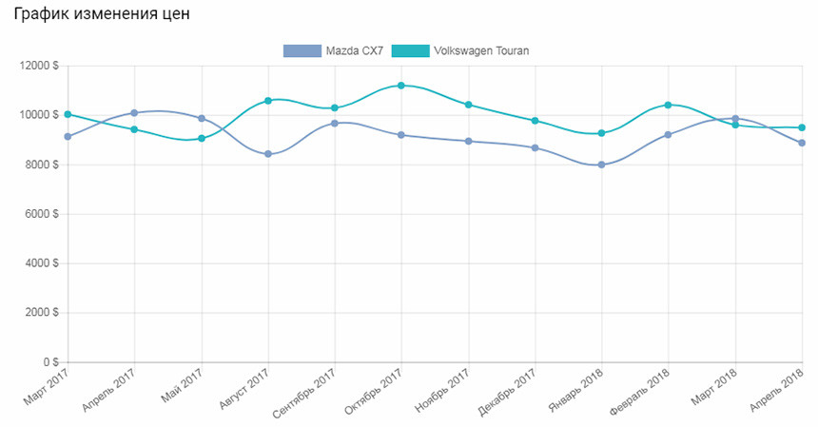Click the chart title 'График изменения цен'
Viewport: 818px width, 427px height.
click(x=102, y=13)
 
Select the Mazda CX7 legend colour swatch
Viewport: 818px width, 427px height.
click(x=302, y=50)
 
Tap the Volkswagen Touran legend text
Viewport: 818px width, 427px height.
click(x=481, y=50)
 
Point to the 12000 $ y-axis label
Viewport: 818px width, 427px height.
click(x=39, y=66)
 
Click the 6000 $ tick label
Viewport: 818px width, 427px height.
click(x=42, y=214)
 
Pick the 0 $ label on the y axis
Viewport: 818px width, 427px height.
click(x=51, y=361)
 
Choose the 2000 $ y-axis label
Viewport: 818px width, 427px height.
click(x=42, y=312)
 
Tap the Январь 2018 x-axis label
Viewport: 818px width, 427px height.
click(x=576, y=391)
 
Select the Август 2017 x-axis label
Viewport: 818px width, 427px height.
click(x=244, y=388)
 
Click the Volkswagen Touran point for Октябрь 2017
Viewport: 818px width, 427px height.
click(x=401, y=86)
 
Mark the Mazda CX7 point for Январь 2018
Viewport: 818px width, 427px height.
click(x=601, y=165)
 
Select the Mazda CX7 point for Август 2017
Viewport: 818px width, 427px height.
click(x=268, y=154)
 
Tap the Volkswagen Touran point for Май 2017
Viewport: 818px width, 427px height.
click(x=202, y=139)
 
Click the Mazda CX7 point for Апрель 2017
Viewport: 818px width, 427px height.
click(x=134, y=112)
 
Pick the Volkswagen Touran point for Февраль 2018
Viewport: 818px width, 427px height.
click(x=668, y=105)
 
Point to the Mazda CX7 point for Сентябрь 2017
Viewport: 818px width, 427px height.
click(x=335, y=124)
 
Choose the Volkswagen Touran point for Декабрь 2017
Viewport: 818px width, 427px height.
click(x=535, y=121)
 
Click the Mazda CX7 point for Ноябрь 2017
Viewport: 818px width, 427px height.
click(x=469, y=142)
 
